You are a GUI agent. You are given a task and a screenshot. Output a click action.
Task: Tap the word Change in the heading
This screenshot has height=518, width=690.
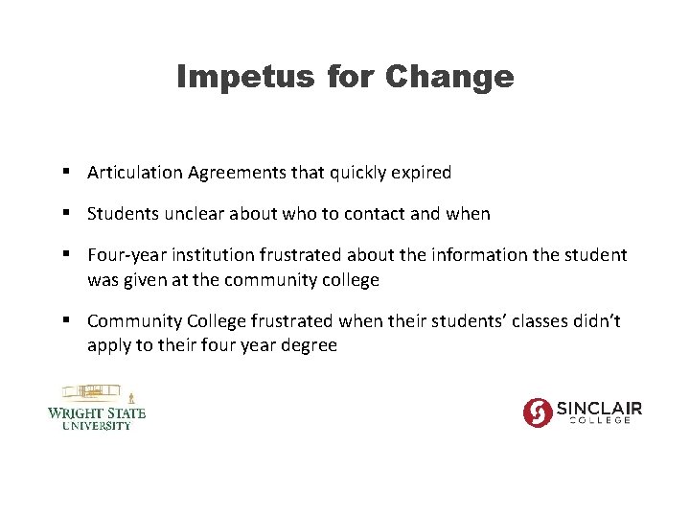449,77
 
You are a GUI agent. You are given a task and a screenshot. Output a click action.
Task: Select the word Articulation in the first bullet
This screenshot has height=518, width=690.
134,173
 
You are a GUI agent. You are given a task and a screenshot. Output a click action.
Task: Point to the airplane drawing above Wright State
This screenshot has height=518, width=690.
93,392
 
